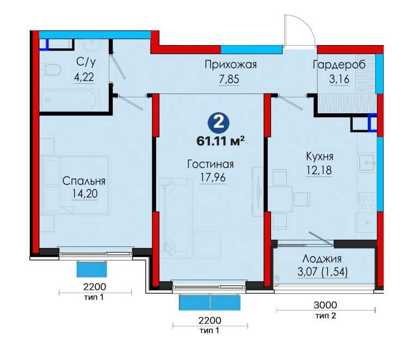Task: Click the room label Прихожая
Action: click(230, 65)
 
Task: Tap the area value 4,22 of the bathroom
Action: click(84, 77)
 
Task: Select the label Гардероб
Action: click(339, 65)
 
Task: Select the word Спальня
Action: click(83, 181)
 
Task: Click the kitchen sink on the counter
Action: click(366, 161)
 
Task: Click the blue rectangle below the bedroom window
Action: click(92, 269)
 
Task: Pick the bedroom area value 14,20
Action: click(83, 194)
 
